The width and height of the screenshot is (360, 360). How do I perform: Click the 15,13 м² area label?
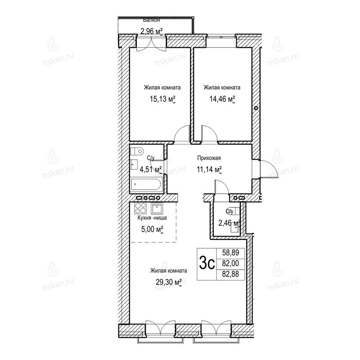[x=162, y=99]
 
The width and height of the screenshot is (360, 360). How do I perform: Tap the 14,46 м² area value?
[x=222, y=99]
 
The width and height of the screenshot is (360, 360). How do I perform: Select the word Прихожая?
[x=209, y=158]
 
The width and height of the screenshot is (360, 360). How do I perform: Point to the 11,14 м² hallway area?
[x=209, y=170]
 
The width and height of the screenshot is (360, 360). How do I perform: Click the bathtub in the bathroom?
[x=147, y=184]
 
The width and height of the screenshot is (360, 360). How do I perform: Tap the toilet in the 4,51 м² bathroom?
[x=137, y=151]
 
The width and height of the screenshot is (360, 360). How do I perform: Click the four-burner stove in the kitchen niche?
[x=141, y=208]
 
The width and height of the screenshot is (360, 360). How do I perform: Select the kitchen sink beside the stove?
[x=157, y=208]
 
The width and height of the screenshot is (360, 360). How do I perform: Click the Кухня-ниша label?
[x=152, y=218]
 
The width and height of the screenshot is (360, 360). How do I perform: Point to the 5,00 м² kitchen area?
[x=152, y=229]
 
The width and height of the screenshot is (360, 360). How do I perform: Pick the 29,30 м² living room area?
[x=169, y=282]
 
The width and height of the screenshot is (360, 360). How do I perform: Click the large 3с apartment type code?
[x=207, y=263]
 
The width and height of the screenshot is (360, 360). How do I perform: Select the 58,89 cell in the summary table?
[x=230, y=253]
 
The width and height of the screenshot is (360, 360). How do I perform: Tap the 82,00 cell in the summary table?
[x=230, y=263]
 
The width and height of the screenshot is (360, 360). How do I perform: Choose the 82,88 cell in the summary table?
[x=230, y=274]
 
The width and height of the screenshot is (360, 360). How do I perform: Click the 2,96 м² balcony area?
[x=152, y=31]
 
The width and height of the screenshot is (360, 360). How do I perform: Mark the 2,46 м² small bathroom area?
[x=229, y=223]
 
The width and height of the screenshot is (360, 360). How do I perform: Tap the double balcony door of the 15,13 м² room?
[x=151, y=43]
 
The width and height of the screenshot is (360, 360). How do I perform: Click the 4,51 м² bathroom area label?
[x=151, y=170]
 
